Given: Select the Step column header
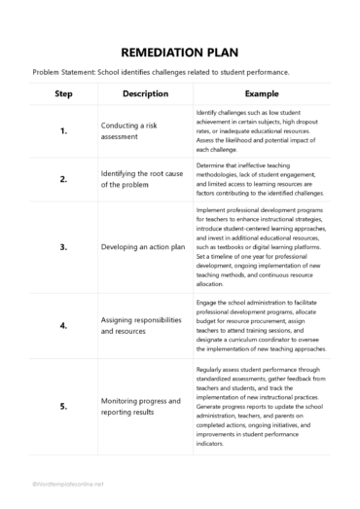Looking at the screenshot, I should point(63,93).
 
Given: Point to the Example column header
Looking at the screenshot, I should point(261,93).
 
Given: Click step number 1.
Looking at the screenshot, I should point(63,130).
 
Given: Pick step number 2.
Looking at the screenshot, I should point(63,179).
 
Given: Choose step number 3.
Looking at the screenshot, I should point(63,247).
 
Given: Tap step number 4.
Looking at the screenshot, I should point(63,325).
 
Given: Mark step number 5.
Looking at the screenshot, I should point(63,406).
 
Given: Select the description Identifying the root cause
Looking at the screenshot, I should point(141,179).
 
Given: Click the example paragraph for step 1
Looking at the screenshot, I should point(261,130).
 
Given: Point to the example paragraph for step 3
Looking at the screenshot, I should point(261,247).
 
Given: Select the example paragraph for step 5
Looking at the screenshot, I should point(261,406).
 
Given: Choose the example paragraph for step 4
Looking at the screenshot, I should point(261,325).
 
